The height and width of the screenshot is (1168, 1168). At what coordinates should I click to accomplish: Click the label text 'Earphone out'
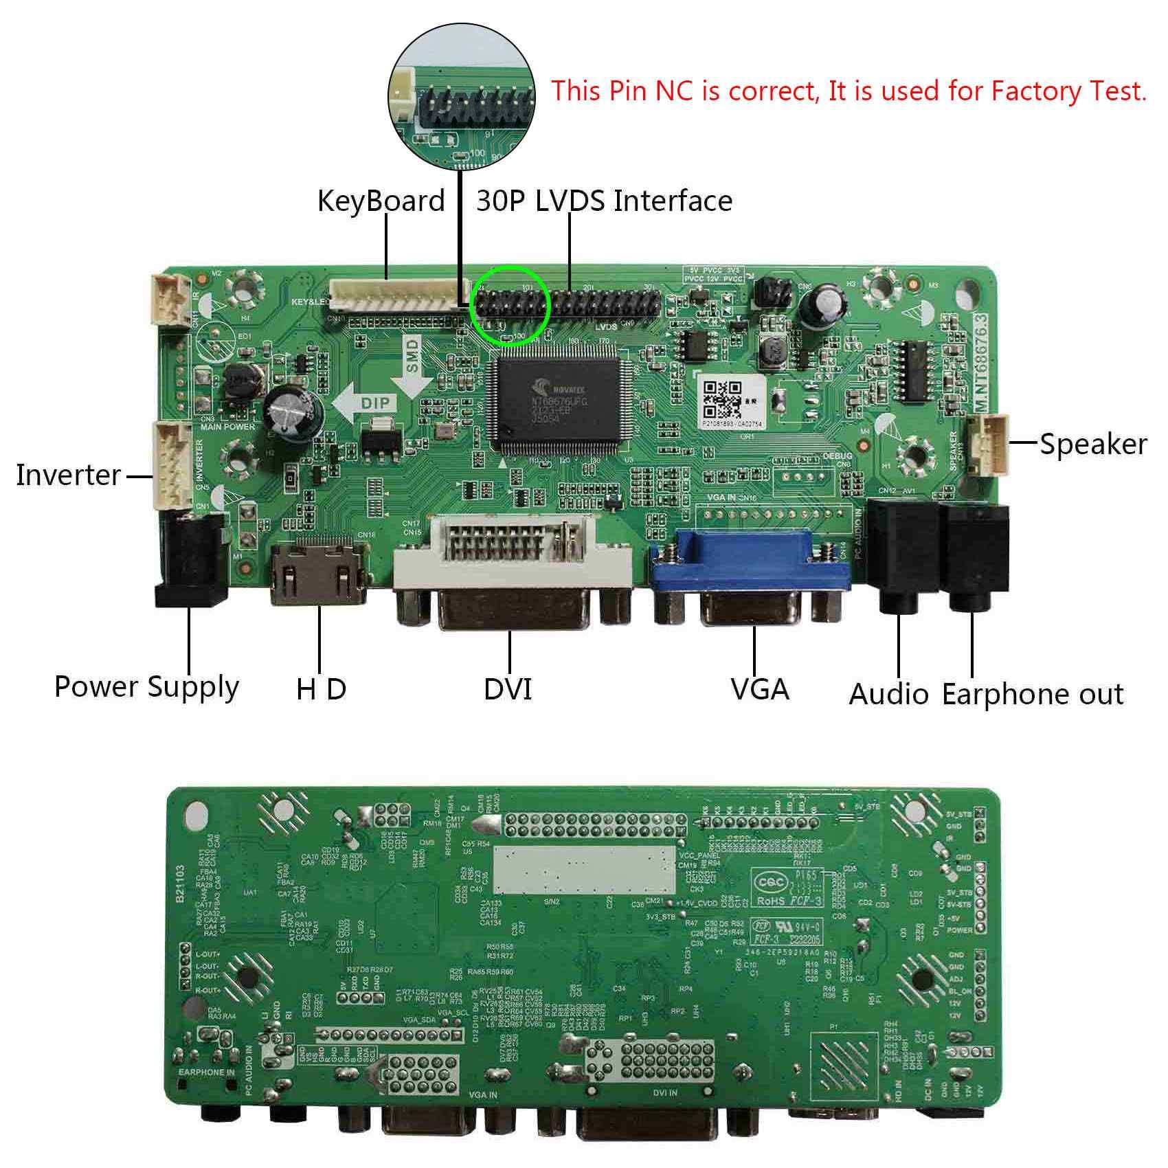click(1032, 695)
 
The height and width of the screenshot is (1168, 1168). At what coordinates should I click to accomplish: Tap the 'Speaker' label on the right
click(1092, 445)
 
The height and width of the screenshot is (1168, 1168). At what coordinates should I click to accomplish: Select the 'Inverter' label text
click(68, 475)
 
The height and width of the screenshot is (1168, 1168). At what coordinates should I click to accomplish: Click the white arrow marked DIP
click(365, 403)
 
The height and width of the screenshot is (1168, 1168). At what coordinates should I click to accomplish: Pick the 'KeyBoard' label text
click(381, 201)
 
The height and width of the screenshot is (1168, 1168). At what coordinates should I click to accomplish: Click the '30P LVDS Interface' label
click(604, 201)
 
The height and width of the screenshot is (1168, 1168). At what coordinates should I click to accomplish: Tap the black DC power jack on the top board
click(191, 560)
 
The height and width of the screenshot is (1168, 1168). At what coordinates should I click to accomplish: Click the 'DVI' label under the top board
click(508, 689)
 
